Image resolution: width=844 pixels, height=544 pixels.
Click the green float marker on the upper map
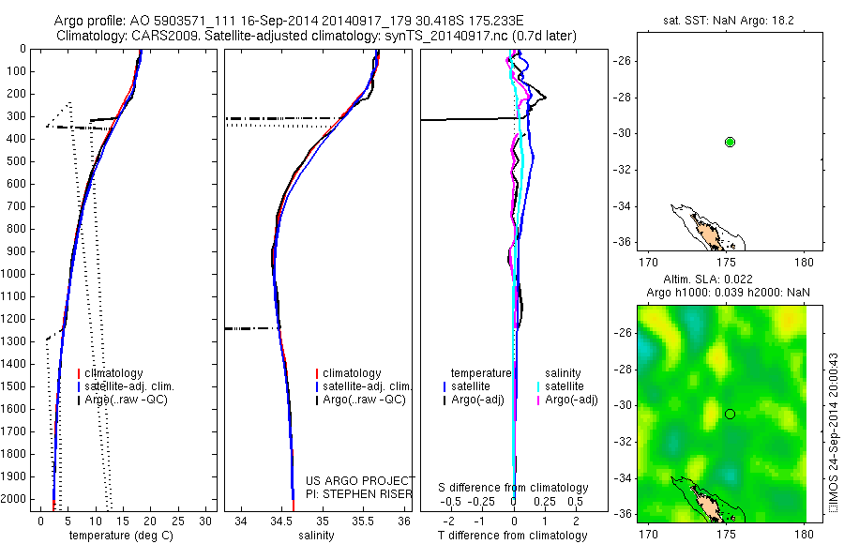[x=730, y=142]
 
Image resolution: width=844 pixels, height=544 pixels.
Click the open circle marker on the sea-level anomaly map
[x=730, y=414]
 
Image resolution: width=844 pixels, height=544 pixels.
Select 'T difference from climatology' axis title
[x=513, y=536]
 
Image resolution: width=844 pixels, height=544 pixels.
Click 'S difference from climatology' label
[x=514, y=488]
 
